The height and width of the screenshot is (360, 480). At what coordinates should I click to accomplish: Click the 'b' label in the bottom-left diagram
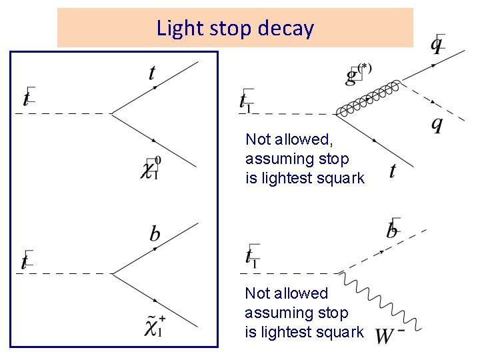tap(155, 233)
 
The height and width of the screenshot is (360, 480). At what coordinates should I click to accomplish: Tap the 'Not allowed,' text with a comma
tap(289, 139)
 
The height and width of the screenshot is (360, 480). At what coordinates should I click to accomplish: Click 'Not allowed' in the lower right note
tap(287, 293)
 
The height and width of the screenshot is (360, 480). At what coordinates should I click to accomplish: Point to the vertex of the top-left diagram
tap(111, 113)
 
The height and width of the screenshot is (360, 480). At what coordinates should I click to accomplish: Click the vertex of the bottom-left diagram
tap(111, 273)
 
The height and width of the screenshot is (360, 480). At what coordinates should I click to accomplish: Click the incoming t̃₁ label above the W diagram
tap(251, 255)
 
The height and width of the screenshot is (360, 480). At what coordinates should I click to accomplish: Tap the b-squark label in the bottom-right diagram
tap(393, 229)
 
